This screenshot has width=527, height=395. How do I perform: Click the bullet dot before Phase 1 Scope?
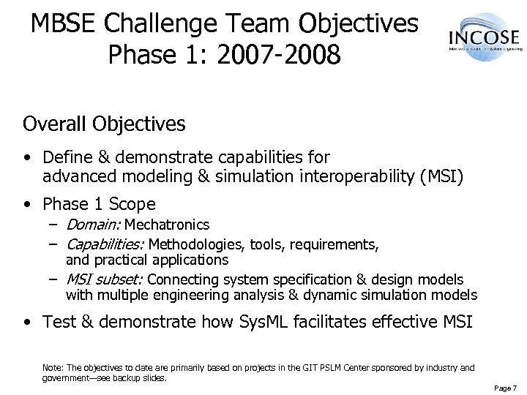click(26, 203)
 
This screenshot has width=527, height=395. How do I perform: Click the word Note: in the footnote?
click(53, 367)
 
